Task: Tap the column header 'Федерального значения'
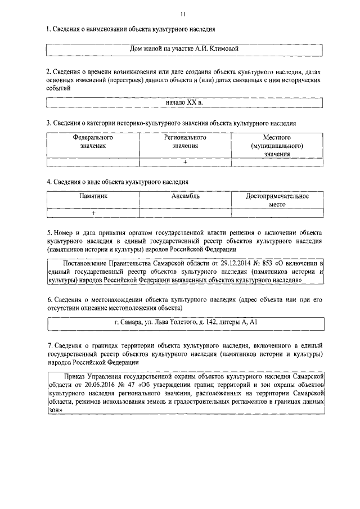(x=93, y=141)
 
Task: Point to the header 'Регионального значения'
(x=185, y=141)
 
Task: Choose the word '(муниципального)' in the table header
(x=277, y=146)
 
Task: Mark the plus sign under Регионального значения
(x=185, y=163)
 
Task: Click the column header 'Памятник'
(x=93, y=196)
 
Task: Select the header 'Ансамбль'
(x=185, y=196)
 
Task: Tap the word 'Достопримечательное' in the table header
(x=277, y=196)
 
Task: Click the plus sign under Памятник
(x=93, y=213)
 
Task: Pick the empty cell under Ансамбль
(x=185, y=213)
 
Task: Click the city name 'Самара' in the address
(x=133, y=323)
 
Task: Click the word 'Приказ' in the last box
(x=75, y=374)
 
